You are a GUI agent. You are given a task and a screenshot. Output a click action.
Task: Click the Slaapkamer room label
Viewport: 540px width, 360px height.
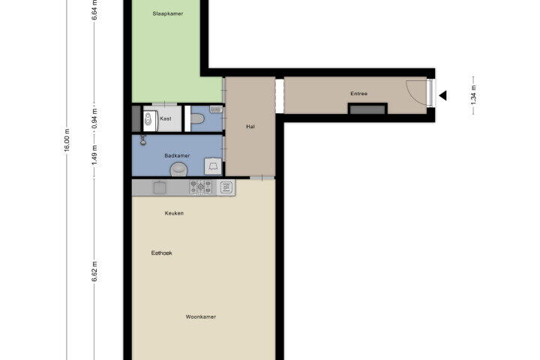(168, 13)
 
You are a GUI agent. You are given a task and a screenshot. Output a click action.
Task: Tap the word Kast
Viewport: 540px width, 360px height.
(166, 118)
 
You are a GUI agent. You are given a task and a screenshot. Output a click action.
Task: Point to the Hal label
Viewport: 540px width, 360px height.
(250, 127)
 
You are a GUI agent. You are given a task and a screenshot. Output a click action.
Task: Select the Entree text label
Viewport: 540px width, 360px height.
(358, 94)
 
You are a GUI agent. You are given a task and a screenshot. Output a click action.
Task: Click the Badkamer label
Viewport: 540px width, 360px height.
(177, 156)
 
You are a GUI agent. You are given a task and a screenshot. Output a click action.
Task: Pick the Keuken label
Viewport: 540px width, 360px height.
(174, 213)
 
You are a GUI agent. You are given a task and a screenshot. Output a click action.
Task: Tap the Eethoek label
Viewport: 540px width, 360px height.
(161, 253)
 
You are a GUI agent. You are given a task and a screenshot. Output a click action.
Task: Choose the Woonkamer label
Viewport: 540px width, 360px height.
(201, 317)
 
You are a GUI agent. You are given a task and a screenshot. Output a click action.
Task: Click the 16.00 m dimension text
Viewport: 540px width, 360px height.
(67, 139)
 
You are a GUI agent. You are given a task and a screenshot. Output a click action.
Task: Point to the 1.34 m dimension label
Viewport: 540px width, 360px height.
(473, 95)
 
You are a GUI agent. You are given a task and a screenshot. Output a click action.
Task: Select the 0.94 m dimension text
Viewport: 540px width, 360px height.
(94, 118)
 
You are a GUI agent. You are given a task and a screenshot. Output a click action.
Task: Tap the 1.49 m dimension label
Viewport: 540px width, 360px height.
(94, 155)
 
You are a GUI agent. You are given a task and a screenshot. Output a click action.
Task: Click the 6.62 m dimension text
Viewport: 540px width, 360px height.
(94, 271)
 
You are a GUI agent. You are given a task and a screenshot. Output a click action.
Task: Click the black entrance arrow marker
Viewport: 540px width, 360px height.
(443, 95)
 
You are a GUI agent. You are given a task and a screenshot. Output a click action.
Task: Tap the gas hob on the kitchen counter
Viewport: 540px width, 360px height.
(200, 187)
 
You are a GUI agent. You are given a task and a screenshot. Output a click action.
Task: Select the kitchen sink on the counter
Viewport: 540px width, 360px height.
(160, 187)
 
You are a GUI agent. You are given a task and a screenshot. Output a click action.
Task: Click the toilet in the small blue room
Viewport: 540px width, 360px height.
(197, 118)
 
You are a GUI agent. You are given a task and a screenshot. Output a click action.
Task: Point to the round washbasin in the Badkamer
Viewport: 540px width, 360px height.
(178, 169)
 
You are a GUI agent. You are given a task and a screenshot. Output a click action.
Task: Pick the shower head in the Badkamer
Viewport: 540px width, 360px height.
(143, 140)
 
